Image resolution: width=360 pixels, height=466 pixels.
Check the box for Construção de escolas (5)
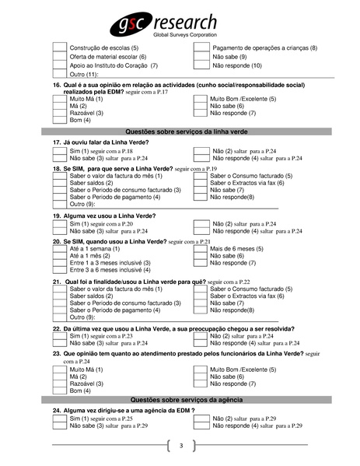59,48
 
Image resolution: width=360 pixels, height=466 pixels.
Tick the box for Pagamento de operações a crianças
201,48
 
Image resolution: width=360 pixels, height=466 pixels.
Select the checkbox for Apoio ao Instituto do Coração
59,65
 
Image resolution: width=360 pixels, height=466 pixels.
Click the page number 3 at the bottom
180,446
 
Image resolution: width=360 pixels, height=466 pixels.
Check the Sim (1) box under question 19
59,223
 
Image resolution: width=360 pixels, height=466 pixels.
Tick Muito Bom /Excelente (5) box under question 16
201,100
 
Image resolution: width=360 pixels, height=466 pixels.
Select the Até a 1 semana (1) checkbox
59,250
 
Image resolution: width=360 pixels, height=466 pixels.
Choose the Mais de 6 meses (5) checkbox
201,250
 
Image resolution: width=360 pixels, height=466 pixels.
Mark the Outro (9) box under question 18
59,204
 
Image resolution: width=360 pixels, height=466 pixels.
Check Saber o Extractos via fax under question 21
201,296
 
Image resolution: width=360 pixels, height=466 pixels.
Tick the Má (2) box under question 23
59,377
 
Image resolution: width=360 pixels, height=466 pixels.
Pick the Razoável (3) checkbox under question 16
59,113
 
